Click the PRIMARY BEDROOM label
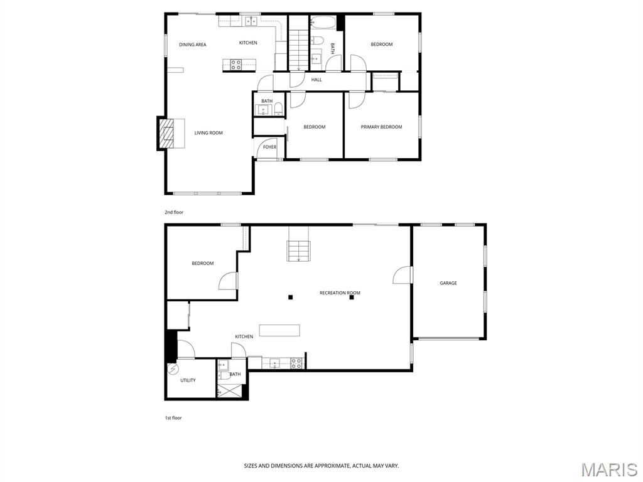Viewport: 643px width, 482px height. (x=381, y=127)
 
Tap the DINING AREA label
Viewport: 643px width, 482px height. (x=193, y=45)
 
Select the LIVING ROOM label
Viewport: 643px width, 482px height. (x=208, y=133)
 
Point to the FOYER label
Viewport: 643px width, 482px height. (x=269, y=147)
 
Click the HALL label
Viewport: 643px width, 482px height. (x=316, y=80)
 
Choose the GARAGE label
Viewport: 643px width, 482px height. (x=448, y=283)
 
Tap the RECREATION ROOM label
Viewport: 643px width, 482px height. (x=340, y=293)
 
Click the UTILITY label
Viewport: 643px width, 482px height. (x=188, y=380)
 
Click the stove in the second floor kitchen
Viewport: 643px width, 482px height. (x=236, y=65)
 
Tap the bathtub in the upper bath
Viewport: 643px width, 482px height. (x=323, y=23)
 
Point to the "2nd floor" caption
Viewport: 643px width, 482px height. (x=174, y=212)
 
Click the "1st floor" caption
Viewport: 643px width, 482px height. (x=173, y=418)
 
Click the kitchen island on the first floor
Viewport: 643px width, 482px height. (x=279, y=330)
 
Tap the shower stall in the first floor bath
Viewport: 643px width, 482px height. (x=230, y=391)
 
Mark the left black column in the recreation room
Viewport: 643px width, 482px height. (x=290, y=297)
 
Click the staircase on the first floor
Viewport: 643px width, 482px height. (x=298, y=251)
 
